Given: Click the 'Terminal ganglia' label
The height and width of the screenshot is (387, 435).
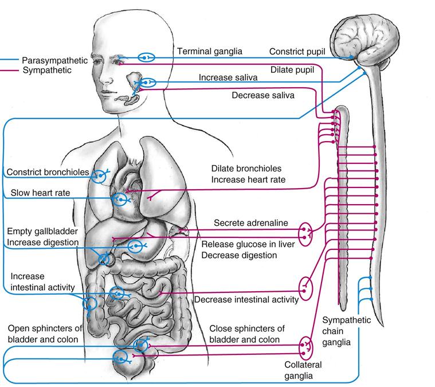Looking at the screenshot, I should tap(209, 51).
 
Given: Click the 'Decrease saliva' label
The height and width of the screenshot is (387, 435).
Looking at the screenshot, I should tap(262, 95).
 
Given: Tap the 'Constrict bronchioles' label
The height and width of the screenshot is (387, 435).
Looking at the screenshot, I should tap(48, 172).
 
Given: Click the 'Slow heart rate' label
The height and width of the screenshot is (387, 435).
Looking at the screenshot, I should tap(40, 193).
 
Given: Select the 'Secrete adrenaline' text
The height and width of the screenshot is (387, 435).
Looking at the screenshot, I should tap(250, 222).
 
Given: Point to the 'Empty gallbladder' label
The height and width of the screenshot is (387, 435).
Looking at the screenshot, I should tap(43, 230).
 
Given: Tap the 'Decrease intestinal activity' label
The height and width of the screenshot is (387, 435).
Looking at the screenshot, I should tap(246, 299).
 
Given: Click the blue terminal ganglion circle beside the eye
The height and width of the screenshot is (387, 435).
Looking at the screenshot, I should tap(147, 57).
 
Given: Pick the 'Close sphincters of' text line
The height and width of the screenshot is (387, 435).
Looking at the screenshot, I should tap(247, 329).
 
